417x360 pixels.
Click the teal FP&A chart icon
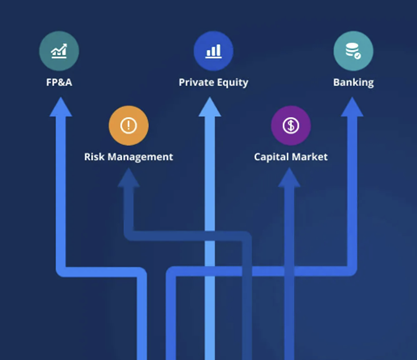(x=59, y=51)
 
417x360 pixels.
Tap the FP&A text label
(x=59, y=82)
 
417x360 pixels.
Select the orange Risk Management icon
(x=128, y=126)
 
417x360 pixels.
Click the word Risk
(x=97, y=157)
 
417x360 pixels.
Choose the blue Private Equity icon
(x=213, y=51)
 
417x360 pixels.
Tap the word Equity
(x=233, y=82)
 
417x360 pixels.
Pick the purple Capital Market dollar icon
(x=291, y=126)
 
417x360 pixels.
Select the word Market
(x=309, y=157)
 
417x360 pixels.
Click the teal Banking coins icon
(x=353, y=51)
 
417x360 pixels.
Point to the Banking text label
(x=353, y=82)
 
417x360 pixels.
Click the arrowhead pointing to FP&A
(x=59, y=108)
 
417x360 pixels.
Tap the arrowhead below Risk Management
(x=128, y=180)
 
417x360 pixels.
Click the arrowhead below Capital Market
(x=290, y=180)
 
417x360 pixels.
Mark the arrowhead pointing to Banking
(x=352, y=108)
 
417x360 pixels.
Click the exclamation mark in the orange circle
(x=128, y=126)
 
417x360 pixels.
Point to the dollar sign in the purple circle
(x=291, y=126)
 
